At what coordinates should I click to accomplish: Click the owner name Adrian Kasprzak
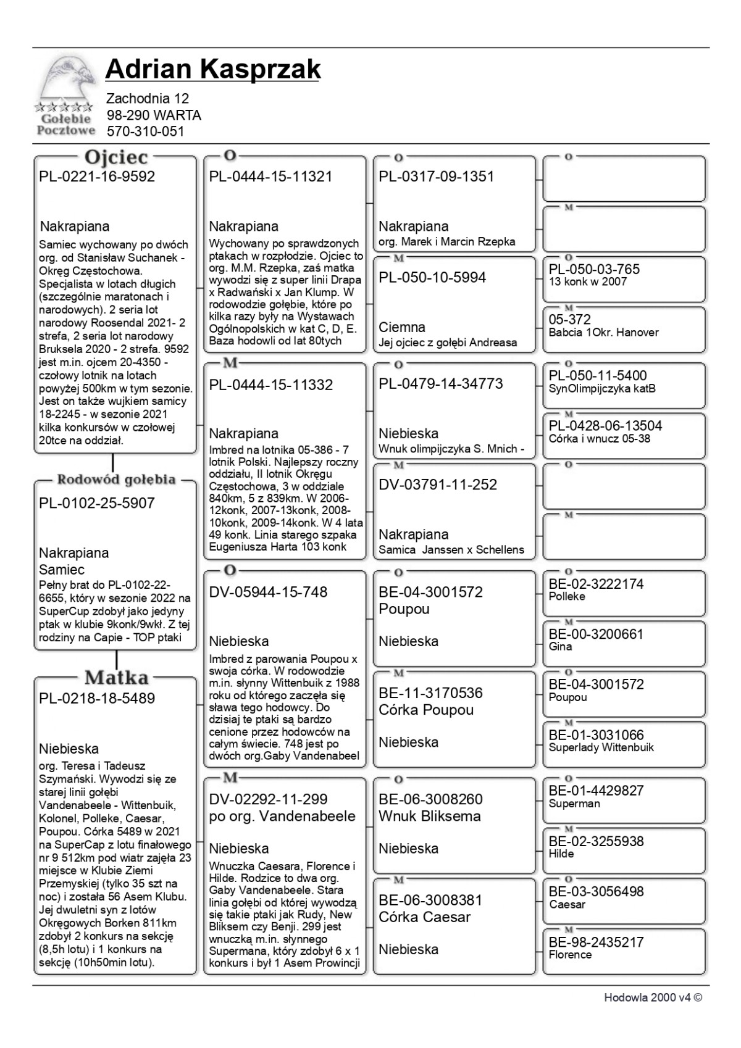(212, 69)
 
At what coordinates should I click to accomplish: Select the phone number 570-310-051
(145, 131)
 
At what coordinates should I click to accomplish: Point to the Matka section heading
(116, 677)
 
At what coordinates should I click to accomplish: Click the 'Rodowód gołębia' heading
(116, 480)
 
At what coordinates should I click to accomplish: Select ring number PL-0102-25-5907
(97, 503)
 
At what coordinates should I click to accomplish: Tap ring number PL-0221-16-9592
(97, 177)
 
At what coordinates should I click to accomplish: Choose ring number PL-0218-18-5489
(97, 699)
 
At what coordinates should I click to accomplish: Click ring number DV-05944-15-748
(268, 593)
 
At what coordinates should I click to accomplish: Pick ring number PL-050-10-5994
(432, 278)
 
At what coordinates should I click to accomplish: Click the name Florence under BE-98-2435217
(570, 955)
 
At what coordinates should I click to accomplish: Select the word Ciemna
(402, 327)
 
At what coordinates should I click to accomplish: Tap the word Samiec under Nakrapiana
(62, 570)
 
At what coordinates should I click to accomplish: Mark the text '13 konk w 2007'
(587, 282)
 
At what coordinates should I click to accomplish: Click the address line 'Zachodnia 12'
(148, 98)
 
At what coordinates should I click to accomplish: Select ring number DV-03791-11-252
(438, 485)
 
